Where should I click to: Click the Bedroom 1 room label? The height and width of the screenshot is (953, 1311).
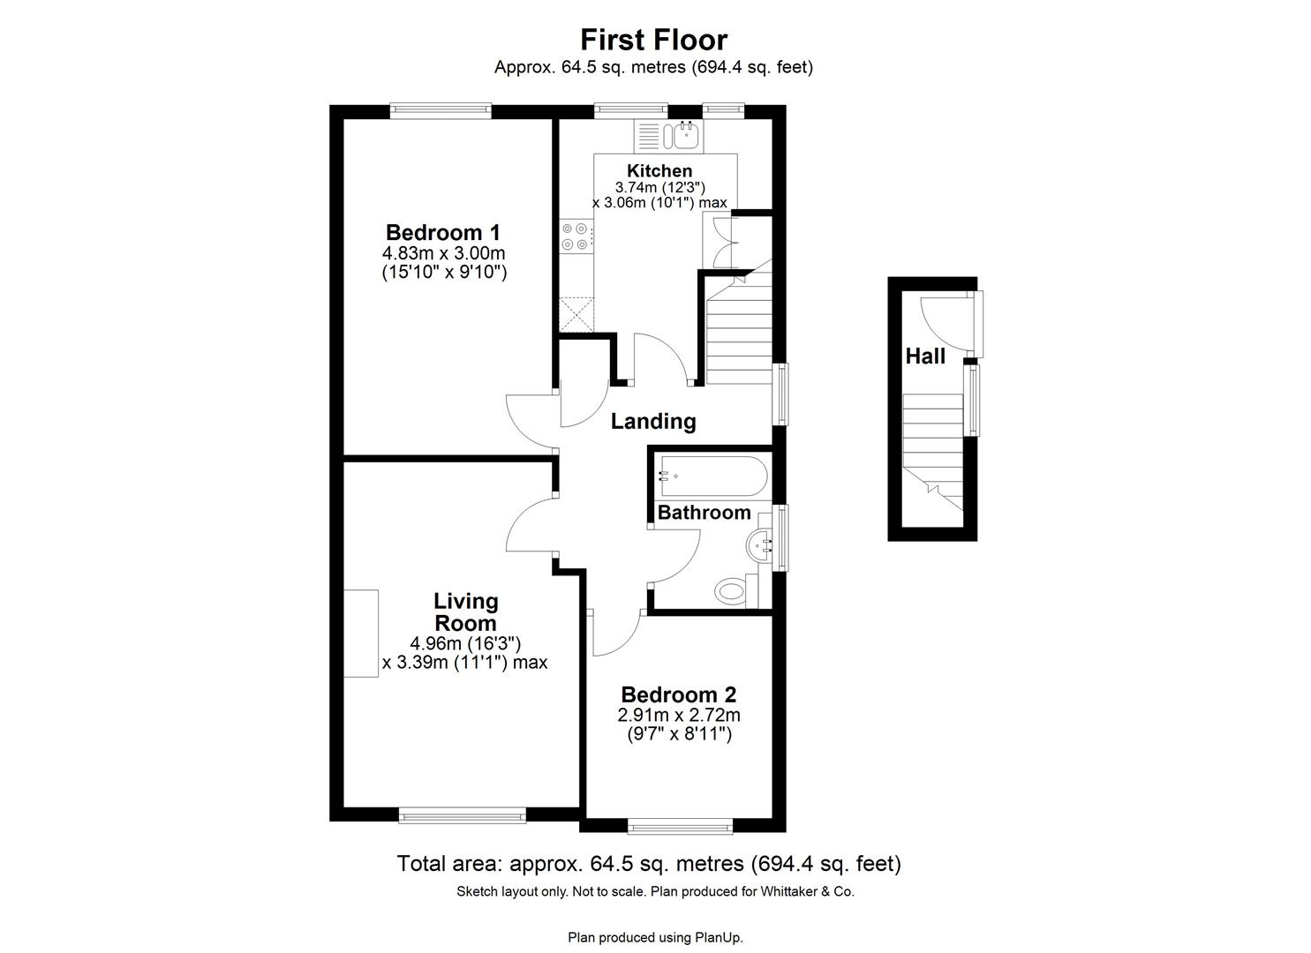click(443, 233)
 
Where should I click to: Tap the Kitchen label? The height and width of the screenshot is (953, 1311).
click(659, 170)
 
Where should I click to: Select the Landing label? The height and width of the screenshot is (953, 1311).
click(653, 422)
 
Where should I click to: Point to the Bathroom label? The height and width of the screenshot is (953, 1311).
click(704, 513)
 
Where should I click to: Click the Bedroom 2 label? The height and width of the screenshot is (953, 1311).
click(678, 695)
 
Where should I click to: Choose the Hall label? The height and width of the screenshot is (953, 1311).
click(925, 356)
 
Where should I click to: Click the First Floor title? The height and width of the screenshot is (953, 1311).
click(653, 40)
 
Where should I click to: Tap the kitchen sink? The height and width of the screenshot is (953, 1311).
click(685, 135)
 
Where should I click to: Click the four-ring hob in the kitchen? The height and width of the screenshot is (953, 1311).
click(575, 236)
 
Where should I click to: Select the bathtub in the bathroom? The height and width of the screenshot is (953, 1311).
click(711, 476)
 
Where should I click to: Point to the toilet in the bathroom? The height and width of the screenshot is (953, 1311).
click(733, 589)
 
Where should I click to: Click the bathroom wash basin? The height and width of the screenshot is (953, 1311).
click(760, 547)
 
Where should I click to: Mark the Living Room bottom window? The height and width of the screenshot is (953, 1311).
click(463, 816)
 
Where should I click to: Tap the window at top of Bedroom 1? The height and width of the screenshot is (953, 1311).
click(441, 110)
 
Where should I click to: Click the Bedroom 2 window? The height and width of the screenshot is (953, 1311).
click(680, 828)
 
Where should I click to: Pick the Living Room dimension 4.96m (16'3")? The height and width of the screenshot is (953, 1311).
click(465, 643)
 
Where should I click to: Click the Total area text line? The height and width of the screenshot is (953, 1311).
click(649, 864)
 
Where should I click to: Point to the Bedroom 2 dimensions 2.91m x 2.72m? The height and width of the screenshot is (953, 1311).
click(678, 715)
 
